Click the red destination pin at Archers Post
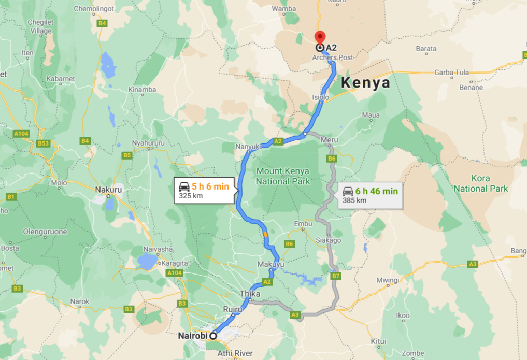pos(320,37)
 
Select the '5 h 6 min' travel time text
pos(210,186)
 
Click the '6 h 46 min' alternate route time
pos(377,191)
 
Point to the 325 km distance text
pos(191,196)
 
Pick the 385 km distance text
pos(354,200)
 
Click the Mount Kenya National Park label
pos(282,177)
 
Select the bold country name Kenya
pos(365,83)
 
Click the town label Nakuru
pos(108,190)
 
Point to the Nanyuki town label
pos(247,147)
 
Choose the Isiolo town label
pos(320,97)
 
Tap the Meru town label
pos(329,140)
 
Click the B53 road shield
pos(43,143)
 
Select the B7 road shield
pos(336,276)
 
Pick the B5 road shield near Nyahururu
pos(127,155)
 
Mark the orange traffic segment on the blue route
pos(266,235)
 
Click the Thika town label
pos(250,294)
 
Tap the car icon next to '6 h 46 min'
pos(348,191)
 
